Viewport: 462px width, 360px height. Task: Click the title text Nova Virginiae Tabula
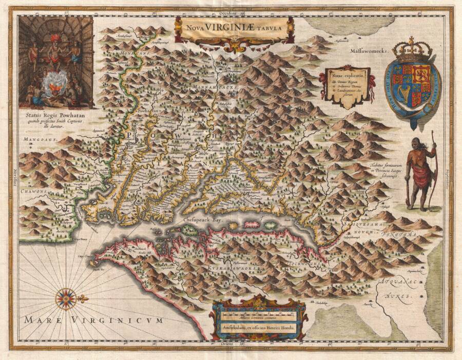234,29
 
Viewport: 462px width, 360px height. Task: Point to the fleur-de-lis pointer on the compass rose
83,298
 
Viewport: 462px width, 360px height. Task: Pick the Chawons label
33,191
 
